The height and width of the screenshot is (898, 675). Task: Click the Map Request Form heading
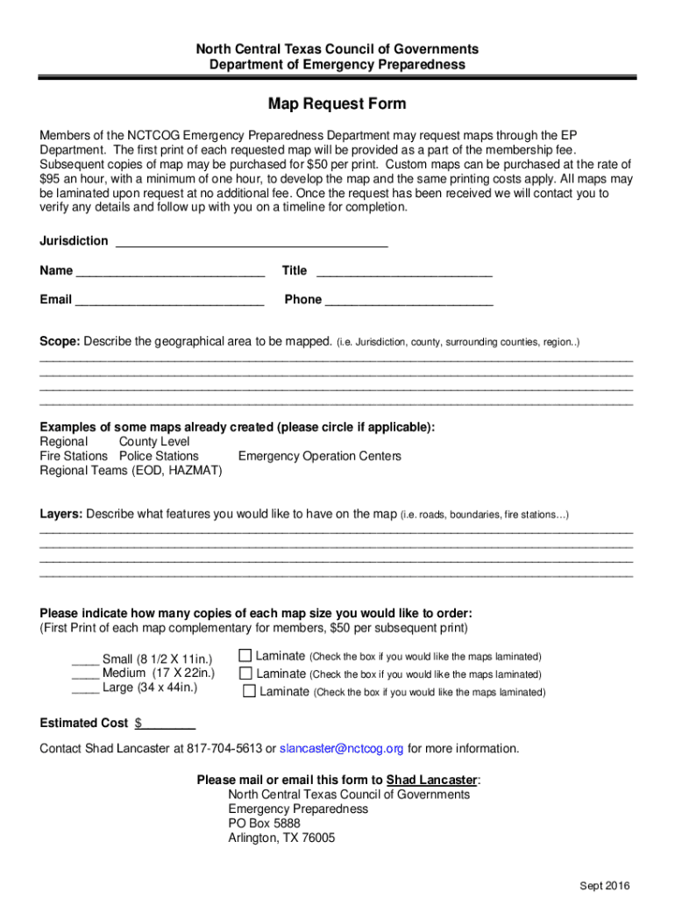point(337,104)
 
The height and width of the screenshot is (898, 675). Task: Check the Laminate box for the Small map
point(245,655)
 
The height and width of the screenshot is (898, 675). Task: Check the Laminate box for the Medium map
point(245,673)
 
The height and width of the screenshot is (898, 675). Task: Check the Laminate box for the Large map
point(249,691)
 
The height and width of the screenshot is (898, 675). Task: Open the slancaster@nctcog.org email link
point(342,749)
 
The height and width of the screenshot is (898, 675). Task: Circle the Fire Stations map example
point(74,456)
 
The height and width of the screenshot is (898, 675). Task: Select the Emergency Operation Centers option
point(319,456)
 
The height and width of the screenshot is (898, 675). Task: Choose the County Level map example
point(154,442)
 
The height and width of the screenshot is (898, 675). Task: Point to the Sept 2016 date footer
point(605,885)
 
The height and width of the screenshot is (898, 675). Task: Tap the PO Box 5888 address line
point(264,823)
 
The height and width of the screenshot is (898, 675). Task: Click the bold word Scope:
point(60,340)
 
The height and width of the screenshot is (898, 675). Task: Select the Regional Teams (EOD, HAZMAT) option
point(131,471)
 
